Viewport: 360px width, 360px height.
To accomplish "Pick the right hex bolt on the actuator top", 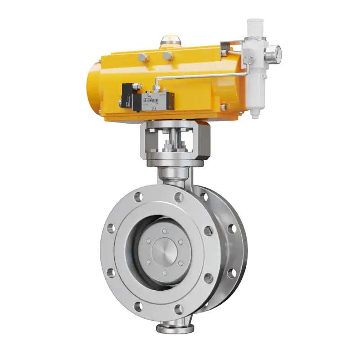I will pyautogui.click(x=167, y=55).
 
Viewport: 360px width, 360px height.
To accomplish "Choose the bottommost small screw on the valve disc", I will pyautogui.click(x=164, y=273).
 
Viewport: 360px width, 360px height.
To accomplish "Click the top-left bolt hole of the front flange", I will pyautogui.click(x=138, y=196).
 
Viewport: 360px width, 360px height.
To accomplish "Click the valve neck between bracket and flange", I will pyautogui.click(x=174, y=173).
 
